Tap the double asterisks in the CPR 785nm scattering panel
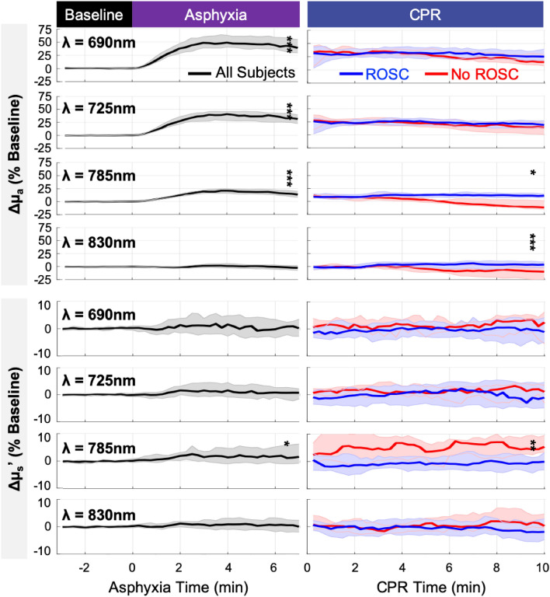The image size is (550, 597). pos(533,445)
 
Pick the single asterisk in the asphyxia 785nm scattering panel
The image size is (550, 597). pos(287,445)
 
